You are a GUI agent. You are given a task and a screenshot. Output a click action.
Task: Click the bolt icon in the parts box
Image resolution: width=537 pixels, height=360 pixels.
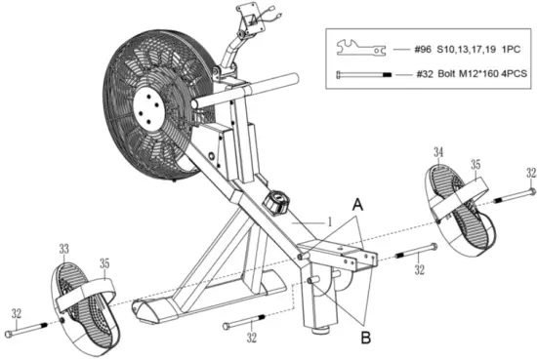pos(364,72)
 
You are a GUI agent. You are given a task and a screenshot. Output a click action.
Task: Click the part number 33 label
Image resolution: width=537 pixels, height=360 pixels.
pos(63,251)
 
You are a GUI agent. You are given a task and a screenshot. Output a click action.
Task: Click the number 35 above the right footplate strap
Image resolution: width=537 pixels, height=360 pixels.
pos(475,165)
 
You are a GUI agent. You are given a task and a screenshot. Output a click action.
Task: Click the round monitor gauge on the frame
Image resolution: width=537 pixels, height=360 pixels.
pos(274,205)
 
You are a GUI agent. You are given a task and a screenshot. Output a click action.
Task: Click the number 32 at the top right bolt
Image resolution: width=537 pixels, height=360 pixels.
pos(529,173)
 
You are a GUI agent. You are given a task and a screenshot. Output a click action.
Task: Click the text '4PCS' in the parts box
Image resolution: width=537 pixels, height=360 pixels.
pos(515,72)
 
